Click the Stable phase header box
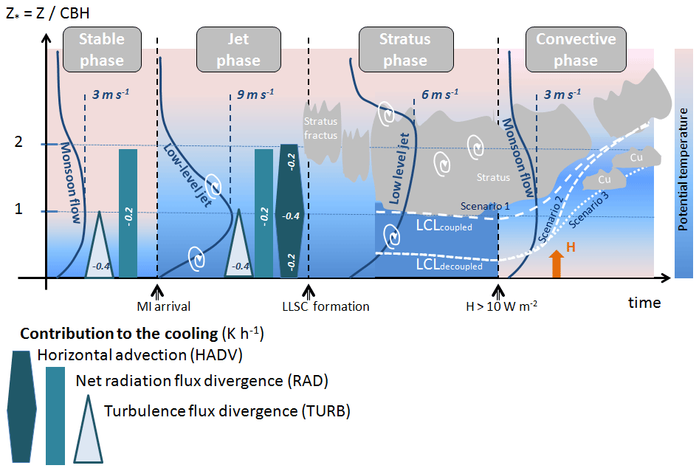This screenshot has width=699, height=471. [x=102, y=49]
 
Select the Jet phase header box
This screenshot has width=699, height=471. [x=238, y=49]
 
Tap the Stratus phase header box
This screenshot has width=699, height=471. [x=404, y=49]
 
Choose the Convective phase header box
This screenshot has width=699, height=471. [x=575, y=49]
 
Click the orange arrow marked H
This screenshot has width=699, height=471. [x=557, y=261]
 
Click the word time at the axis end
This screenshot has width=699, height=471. [x=644, y=303]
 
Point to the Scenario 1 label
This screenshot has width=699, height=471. [x=486, y=205]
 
